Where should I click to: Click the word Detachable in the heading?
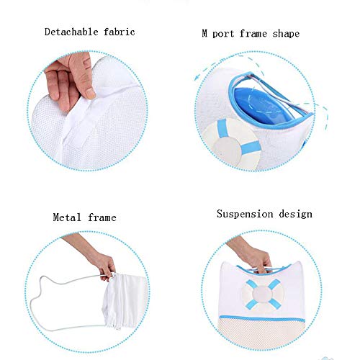[x=71, y=32]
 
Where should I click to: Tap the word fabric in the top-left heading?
[x=120, y=32]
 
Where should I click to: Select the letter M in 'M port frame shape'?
[x=204, y=33]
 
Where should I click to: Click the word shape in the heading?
[x=286, y=34]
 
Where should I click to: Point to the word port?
[x=223, y=34]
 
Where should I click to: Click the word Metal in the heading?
[x=67, y=217]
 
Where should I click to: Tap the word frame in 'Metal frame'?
[x=102, y=217]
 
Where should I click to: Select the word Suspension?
[x=245, y=214]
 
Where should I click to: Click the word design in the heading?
[x=295, y=214]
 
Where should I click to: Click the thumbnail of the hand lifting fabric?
[x=87, y=111]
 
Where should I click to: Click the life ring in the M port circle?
[x=232, y=143]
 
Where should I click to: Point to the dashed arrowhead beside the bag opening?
[x=197, y=77]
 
